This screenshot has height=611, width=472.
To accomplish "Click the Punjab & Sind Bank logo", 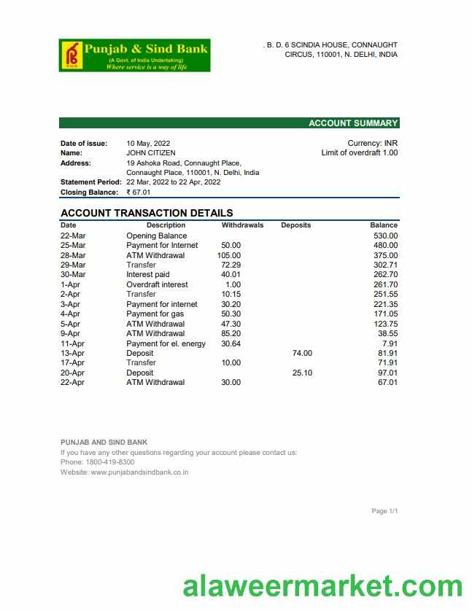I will point(135,55).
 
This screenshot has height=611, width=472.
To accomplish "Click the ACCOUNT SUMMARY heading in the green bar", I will point(353,123).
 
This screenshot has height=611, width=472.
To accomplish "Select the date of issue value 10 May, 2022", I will point(148,144).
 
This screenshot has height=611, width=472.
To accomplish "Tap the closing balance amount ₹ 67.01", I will point(139,192).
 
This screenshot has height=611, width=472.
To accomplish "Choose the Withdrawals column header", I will point(242,225).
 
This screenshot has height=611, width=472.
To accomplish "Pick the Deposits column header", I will point(295,225).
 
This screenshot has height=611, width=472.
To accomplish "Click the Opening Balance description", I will point(156,236).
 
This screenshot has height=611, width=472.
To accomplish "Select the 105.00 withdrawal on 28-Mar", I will point(229,255).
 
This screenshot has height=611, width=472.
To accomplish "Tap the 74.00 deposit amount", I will point(302,353).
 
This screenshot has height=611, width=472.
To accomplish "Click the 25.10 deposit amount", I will point(302,373).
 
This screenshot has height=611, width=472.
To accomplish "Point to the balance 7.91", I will point(390,343).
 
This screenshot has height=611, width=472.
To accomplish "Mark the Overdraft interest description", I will point(157,284).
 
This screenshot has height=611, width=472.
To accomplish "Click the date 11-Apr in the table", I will point(73,343).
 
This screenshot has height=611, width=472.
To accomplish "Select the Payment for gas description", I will point(155,314).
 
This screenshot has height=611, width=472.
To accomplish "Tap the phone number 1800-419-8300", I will point(109,462).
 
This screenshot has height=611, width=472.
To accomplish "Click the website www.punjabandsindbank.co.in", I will point(139,472).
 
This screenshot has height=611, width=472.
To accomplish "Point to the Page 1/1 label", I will point(384,511).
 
